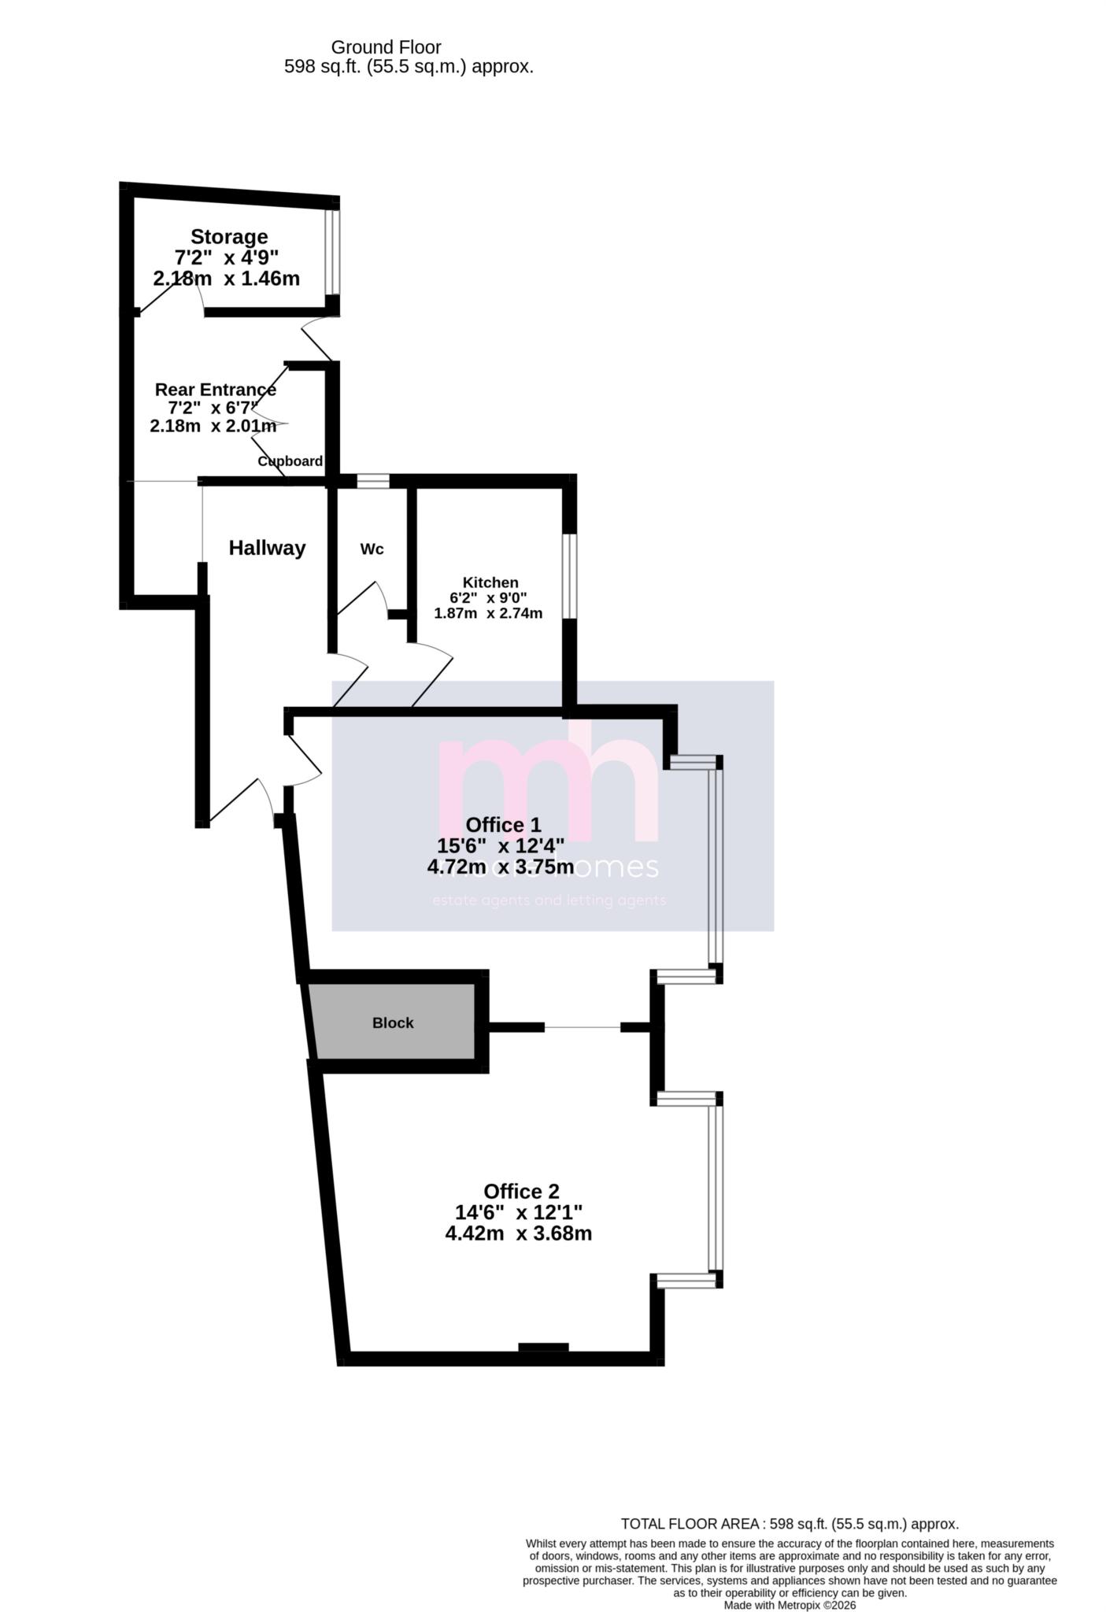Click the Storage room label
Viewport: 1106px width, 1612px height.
[x=229, y=237]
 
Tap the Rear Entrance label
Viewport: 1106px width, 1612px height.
[x=215, y=390]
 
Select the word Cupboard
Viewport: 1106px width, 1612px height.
[x=290, y=461]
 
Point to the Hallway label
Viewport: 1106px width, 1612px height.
[x=267, y=549]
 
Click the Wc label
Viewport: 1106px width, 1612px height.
[x=372, y=549]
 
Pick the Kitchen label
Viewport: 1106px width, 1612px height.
[x=490, y=582]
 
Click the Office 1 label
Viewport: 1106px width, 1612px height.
[x=503, y=825]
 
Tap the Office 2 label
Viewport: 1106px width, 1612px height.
[x=521, y=1192]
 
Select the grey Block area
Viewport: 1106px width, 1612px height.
[x=392, y=1022]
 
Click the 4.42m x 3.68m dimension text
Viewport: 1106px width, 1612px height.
[x=518, y=1233]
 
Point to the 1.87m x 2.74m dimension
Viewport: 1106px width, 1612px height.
[x=488, y=613]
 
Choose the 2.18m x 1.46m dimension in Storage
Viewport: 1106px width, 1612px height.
[x=226, y=279]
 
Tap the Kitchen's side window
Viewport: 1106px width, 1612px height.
[x=569, y=576]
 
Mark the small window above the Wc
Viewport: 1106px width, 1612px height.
[x=373, y=481]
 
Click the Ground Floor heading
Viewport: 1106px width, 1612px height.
[x=386, y=47]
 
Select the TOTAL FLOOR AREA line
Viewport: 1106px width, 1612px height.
[x=790, y=1524]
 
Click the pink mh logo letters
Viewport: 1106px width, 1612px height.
[x=547, y=787]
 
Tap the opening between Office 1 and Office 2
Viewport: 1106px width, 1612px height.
[x=583, y=1027]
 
